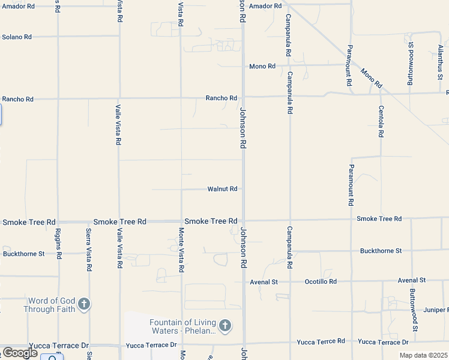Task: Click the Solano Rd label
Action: (x=17, y=37)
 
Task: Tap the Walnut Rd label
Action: (x=222, y=189)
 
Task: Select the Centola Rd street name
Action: (x=381, y=122)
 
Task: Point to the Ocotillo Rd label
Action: (x=321, y=281)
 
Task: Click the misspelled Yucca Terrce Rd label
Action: (x=321, y=341)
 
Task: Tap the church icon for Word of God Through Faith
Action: (x=84, y=304)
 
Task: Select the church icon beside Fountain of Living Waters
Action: (x=225, y=326)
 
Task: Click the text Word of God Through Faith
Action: (x=51, y=305)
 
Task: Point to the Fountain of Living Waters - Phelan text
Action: (x=182, y=326)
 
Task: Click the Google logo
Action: (x=20, y=353)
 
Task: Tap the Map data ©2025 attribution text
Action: (x=423, y=355)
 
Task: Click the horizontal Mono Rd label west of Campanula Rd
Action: (x=262, y=66)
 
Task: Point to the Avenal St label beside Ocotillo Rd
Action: (x=264, y=281)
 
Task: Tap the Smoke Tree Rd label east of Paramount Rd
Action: (x=379, y=218)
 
